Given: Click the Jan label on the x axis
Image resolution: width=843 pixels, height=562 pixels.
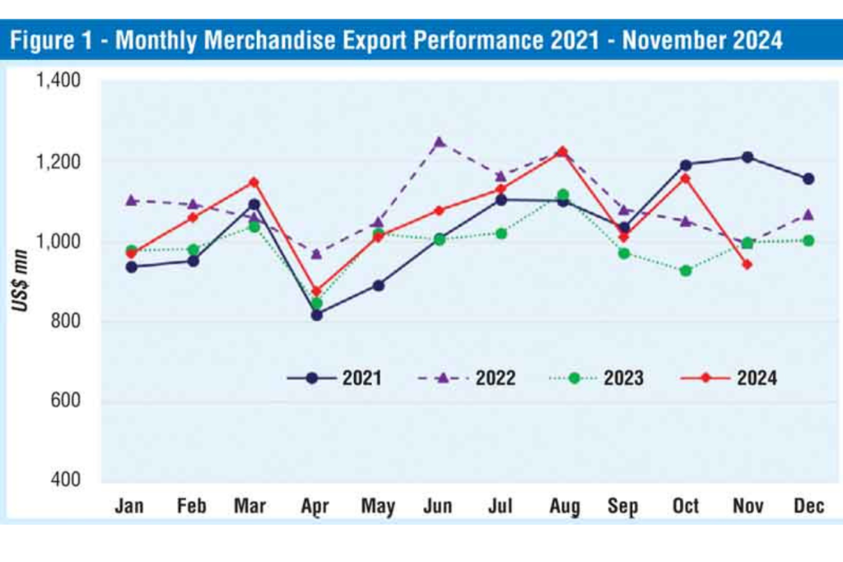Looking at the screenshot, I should (130, 506).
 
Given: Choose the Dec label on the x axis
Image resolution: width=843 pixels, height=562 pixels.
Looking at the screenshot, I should (808, 506).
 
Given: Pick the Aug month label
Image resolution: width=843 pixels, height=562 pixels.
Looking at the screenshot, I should (562, 506).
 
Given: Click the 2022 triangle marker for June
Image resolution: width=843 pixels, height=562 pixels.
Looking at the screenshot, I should (440, 142).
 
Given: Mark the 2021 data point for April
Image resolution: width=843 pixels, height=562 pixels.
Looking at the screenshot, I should (317, 315).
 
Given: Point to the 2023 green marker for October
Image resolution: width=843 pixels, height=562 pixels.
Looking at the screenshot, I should (686, 271).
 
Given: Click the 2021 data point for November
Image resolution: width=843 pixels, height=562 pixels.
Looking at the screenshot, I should (748, 157).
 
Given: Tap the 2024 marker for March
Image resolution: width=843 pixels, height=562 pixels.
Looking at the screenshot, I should (254, 182).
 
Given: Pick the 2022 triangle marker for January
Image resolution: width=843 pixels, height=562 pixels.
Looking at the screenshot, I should (131, 200).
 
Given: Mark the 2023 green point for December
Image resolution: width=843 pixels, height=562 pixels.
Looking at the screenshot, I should (808, 240).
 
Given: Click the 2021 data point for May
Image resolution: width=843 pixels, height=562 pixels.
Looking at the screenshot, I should (378, 286).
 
